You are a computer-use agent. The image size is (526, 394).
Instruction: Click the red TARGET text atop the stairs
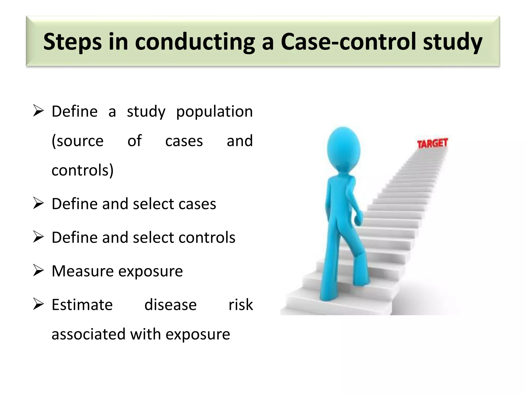(432, 143)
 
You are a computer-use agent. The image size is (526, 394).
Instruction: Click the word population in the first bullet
(214, 112)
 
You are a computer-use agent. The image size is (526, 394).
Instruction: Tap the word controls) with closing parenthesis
(82, 170)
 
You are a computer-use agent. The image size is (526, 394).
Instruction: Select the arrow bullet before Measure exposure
(38, 271)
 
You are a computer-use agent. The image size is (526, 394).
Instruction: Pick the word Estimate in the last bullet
(82, 305)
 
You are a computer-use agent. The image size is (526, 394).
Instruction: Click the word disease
(171, 305)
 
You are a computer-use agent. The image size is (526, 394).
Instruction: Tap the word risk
(241, 305)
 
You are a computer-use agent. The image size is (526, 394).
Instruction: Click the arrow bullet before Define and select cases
(38, 204)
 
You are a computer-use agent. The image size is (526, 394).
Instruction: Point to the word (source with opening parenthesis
(78, 141)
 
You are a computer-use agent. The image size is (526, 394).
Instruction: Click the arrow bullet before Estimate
(38, 305)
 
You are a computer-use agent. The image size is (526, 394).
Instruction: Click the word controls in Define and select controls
(207, 238)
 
